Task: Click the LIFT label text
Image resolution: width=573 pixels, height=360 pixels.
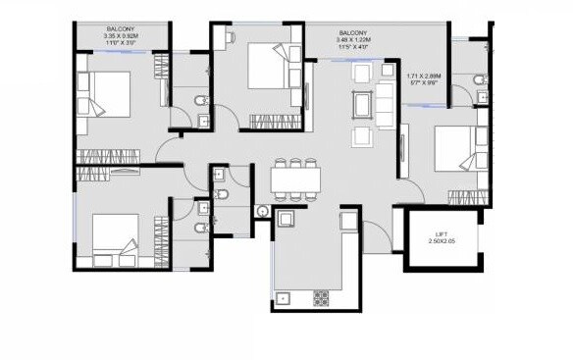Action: [x=443, y=233]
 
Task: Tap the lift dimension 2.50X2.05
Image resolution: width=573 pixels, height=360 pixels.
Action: [x=443, y=241]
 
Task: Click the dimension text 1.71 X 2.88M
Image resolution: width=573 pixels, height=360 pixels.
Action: [x=424, y=75]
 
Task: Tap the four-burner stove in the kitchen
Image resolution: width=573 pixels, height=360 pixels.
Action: [x=320, y=296]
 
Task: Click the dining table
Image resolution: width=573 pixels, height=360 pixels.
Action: [x=295, y=180]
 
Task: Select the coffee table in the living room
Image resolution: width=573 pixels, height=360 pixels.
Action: [x=361, y=104]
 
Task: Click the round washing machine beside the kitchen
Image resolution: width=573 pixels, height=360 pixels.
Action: [x=262, y=211]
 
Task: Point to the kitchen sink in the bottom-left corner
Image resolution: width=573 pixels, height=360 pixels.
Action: [x=285, y=297]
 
